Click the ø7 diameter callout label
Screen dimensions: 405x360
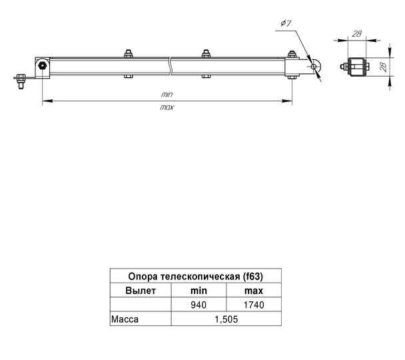click(286, 23)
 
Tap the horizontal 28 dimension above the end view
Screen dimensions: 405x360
click(357, 33)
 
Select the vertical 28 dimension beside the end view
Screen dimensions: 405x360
click(384, 67)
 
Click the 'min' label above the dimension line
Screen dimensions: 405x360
click(167, 95)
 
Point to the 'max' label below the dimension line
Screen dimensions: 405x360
click(167, 107)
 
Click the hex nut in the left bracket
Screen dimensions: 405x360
click(42, 65)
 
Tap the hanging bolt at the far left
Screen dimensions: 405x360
click(21, 81)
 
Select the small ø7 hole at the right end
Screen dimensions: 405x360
click(314, 67)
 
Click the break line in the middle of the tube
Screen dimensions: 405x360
click(171, 66)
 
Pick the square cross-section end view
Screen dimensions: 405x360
click(357, 67)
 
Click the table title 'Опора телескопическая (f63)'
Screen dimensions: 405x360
click(196, 276)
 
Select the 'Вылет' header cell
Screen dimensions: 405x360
click(141, 291)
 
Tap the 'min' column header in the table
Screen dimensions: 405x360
click(199, 291)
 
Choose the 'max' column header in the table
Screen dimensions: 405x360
click(254, 291)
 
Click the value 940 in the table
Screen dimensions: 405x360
click(199, 305)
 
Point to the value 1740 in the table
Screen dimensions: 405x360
click(254, 305)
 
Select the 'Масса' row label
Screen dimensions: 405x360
click(125, 319)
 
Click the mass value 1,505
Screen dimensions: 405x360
click(226, 319)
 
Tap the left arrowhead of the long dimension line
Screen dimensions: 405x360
click(47, 101)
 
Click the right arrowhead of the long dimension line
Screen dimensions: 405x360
click(287, 101)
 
